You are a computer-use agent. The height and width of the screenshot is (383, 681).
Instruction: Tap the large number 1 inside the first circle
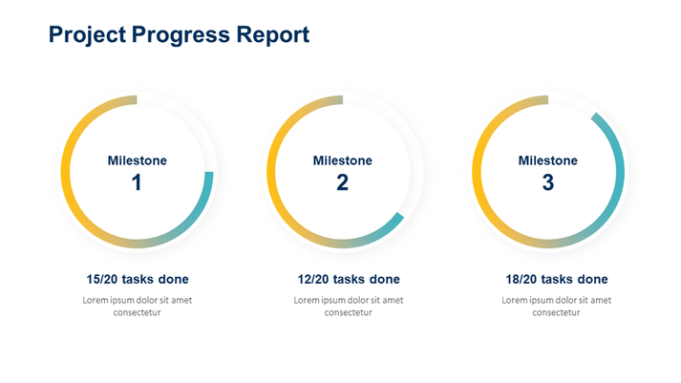[x=137, y=182]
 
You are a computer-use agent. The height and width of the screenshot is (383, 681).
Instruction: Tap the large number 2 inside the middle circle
[x=342, y=182]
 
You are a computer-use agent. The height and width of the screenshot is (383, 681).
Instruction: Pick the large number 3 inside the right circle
[x=547, y=182]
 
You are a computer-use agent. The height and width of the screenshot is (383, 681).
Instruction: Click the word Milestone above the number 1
[x=137, y=160]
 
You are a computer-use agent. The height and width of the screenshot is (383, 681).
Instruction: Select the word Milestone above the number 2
[x=342, y=160]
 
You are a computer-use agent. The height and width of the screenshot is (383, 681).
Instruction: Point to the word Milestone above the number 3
[x=547, y=160]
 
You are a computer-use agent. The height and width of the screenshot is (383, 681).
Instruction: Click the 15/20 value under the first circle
[x=104, y=280]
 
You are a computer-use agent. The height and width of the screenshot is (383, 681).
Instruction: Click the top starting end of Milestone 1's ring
[x=135, y=100]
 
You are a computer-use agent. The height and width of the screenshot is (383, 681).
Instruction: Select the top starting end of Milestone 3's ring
[x=545, y=100]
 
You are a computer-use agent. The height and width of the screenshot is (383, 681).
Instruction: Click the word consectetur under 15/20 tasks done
[x=137, y=312]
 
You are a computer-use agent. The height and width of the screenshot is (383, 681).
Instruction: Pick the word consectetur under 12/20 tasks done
[x=348, y=312]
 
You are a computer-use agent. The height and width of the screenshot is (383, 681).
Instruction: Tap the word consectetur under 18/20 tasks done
[x=556, y=312]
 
